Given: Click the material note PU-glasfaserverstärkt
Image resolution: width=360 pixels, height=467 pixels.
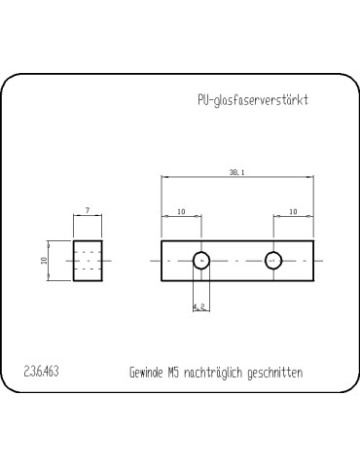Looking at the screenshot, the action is click(x=252, y=100).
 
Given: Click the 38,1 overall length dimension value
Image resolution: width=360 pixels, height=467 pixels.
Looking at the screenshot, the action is click(x=236, y=172).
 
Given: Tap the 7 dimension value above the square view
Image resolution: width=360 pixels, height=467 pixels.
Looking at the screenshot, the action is click(x=88, y=210).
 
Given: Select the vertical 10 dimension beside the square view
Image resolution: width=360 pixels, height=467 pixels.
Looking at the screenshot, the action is click(x=44, y=261).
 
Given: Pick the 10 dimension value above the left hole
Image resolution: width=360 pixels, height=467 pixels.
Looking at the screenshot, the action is click(x=181, y=211).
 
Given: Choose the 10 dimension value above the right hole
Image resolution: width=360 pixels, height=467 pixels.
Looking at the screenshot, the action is click(x=293, y=211).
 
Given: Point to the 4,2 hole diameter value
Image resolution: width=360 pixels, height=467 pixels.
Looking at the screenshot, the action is click(x=198, y=306).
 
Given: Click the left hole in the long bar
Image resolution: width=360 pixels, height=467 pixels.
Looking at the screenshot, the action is click(x=200, y=260).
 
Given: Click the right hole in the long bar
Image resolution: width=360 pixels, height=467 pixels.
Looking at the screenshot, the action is click(x=273, y=260).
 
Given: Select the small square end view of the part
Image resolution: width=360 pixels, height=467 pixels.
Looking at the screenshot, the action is click(x=88, y=261).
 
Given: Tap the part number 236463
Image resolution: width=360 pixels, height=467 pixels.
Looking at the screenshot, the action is click(x=39, y=372).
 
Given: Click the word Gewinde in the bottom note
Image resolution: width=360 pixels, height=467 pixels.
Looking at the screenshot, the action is click(x=149, y=372).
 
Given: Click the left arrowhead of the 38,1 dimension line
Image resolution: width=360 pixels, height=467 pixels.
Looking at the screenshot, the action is click(x=164, y=177).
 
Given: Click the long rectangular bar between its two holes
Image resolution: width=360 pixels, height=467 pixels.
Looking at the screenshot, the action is click(x=236, y=260).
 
